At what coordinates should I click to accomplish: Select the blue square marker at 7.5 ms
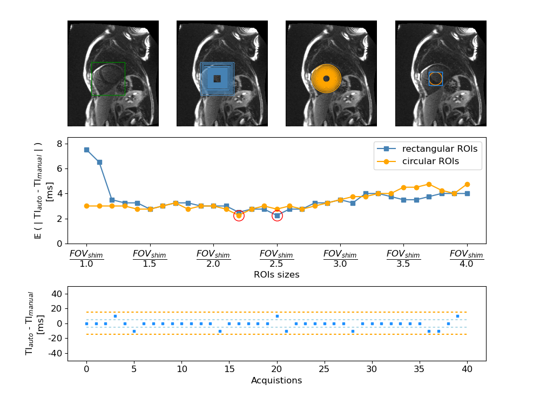[x=86, y=150]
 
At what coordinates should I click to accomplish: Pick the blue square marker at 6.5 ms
[x=99, y=162]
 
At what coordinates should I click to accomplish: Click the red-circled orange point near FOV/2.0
[x=239, y=215]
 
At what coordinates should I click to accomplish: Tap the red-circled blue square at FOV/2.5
[x=277, y=215]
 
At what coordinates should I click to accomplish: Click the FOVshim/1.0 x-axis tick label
[x=86, y=259]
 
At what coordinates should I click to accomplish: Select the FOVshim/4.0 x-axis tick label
[x=467, y=259]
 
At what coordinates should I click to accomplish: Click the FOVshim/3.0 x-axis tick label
[x=340, y=259]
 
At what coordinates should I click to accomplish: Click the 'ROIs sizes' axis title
[x=276, y=275]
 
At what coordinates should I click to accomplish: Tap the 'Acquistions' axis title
[x=276, y=381]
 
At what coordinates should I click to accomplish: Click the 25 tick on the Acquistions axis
[x=324, y=369]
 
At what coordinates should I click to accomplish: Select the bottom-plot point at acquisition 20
[x=277, y=316]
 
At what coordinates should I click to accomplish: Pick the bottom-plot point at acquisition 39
[x=457, y=316]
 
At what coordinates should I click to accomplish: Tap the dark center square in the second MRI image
[x=217, y=79]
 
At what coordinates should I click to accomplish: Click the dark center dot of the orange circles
[x=326, y=79]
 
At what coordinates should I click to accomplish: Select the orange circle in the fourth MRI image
[x=436, y=79]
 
